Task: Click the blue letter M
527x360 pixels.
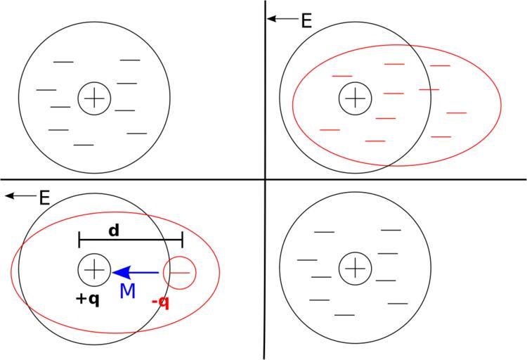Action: point(127,290)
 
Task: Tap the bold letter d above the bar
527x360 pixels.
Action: point(113,230)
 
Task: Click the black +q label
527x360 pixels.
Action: point(87,298)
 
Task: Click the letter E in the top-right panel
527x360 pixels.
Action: point(306,20)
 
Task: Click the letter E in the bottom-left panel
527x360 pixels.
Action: point(44,198)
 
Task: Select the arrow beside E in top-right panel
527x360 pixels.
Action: point(282,19)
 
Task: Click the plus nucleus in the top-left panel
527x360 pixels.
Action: point(93,98)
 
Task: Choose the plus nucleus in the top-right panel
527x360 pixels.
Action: point(356,97)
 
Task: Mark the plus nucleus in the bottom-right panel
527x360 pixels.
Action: point(356,268)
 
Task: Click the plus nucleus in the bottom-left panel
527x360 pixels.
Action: point(93,269)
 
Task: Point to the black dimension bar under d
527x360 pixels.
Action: point(131,240)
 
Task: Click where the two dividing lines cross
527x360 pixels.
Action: point(265,179)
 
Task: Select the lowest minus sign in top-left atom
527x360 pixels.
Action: point(84,145)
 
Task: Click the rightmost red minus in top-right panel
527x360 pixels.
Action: point(456,112)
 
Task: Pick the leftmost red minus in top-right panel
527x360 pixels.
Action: point(330,130)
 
